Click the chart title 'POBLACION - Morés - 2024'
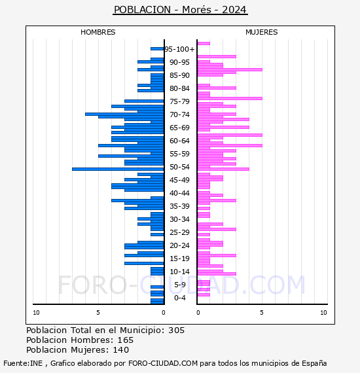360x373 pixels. tap(180, 10)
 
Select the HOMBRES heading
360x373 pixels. tap(98, 32)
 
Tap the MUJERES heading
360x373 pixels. tap(262, 32)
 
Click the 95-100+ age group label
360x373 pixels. tap(179, 49)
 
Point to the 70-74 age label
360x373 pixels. tap(179, 115)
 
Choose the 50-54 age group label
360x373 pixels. tap(179, 167)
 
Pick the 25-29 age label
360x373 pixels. tap(179, 232)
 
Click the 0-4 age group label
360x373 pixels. tap(179, 298)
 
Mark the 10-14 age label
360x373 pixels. tap(179, 272)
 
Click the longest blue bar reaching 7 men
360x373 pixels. tap(118, 169)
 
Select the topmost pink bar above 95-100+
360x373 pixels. tap(204, 44)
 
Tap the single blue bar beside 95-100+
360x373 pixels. tap(157, 49)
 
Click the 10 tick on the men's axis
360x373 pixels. tap(36, 313)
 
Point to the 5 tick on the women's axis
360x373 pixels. tap(262, 313)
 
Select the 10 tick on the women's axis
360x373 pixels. tap(323, 313)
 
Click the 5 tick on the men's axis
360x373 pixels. tap(98, 313)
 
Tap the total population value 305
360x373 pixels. tap(176, 330)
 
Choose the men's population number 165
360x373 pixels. tap(126, 340)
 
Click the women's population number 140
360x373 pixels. tap(121, 350)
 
